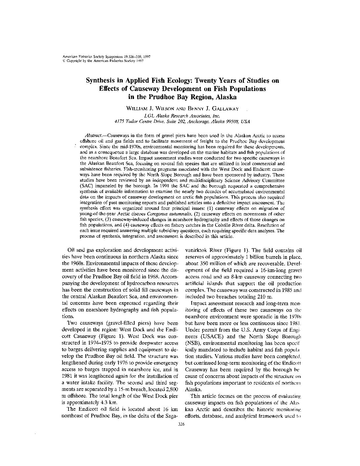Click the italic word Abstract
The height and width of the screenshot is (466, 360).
[x=93, y=136]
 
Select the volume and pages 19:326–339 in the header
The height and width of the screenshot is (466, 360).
[x=132, y=57]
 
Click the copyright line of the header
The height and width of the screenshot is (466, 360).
[x=103, y=61]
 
